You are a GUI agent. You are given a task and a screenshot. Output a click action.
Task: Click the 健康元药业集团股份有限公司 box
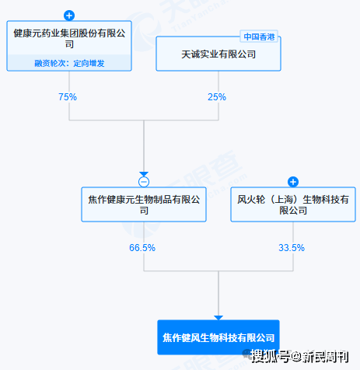69,46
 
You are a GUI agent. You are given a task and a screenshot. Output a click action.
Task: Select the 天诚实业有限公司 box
218,54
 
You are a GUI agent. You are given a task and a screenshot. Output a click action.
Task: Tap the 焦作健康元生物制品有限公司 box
144,204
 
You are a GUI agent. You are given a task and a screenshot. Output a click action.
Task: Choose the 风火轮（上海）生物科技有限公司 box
293,204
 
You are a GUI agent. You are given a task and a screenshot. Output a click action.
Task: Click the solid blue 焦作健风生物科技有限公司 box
218,337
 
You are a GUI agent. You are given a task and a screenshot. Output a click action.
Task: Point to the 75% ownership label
68,97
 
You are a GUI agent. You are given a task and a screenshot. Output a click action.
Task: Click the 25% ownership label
217,97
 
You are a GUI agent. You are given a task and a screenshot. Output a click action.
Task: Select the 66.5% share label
142,248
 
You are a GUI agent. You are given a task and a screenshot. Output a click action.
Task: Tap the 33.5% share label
292,248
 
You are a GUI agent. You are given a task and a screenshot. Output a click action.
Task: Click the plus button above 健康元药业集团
69,16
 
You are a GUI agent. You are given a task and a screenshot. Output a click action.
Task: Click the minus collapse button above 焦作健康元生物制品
144,182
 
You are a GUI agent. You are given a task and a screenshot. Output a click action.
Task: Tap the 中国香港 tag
259,37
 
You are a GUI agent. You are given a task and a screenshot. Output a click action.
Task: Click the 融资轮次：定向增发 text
69,63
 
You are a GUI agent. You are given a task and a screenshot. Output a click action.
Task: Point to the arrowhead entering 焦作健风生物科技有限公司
218,318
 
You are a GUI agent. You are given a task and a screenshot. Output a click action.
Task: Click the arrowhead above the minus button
144,174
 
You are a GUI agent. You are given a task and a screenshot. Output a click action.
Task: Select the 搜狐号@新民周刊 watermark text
300,357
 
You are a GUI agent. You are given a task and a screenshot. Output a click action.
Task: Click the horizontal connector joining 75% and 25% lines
144,120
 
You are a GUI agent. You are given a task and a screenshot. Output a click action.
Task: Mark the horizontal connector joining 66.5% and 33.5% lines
218,271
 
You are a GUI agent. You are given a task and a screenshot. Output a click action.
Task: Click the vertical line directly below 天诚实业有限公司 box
218,96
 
